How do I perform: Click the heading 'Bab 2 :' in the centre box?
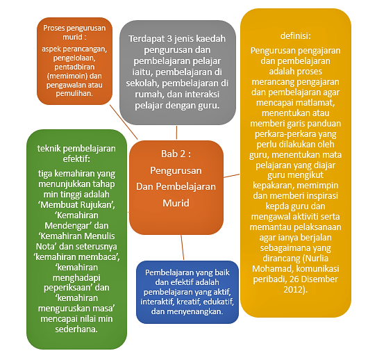(x=176, y=154)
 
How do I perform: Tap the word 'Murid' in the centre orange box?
(x=176, y=203)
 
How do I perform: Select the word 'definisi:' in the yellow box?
(x=296, y=36)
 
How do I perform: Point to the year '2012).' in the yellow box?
(x=296, y=289)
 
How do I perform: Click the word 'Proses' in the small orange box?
(x=54, y=28)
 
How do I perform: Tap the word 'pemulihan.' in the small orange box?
(x=74, y=93)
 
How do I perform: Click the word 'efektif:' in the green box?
(x=76, y=159)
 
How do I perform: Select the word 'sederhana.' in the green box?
(x=76, y=329)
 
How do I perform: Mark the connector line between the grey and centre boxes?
(x=176, y=132)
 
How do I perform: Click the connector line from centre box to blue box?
(x=183, y=247)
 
